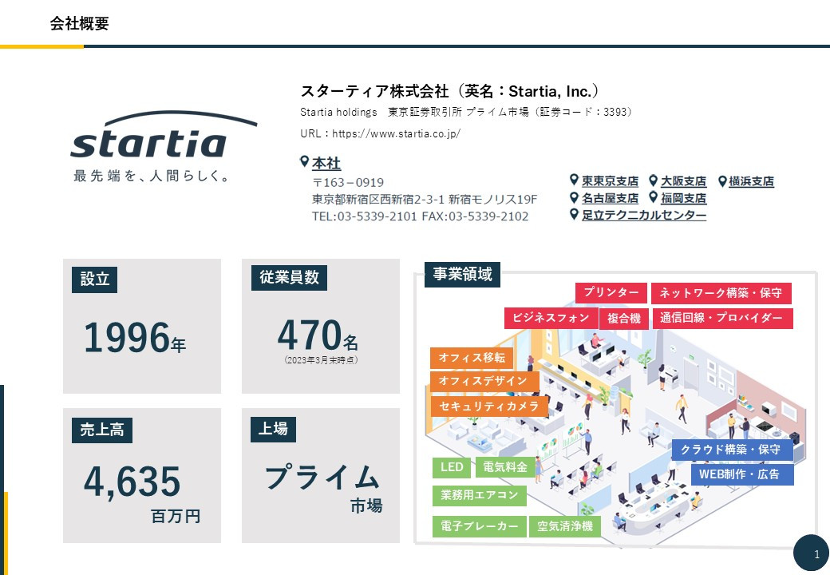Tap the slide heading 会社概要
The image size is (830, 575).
tap(79, 24)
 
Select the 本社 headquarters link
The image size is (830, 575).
tap(326, 163)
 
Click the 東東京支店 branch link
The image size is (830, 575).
tap(610, 181)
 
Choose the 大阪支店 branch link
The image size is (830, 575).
tap(683, 181)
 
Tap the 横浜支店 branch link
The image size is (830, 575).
tap(751, 181)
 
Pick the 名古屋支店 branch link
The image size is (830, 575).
tap(610, 198)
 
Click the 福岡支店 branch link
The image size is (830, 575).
tap(683, 198)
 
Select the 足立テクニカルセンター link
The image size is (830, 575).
tap(643, 215)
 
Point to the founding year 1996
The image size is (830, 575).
tap(127, 338)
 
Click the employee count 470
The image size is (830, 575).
tap(309, 335)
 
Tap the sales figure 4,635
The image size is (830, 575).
tap(132, 482)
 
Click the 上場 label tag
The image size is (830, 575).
tap(273, 429)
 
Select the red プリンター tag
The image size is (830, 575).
tap(611, 293)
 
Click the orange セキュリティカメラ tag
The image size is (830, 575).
tap(489, 406)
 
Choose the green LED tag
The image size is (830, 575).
tap(452, 466)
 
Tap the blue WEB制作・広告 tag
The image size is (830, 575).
tap(741, 474)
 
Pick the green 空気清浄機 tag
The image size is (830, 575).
tap(564, 526)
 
